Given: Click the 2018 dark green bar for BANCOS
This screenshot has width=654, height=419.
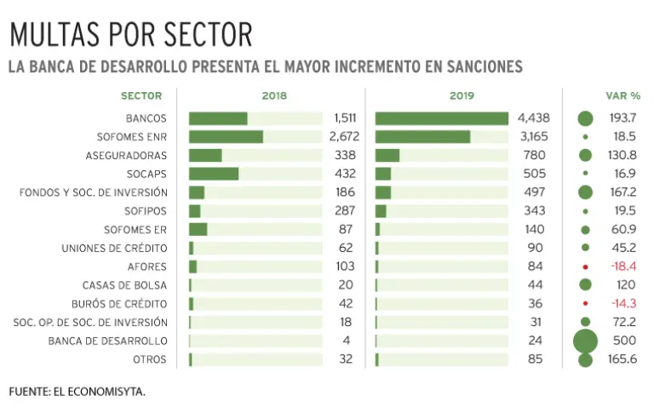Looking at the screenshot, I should pyautogui.click(x=218, y=118).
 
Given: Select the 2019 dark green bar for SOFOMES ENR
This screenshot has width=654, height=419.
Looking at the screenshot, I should pyautogui.click(x=422, y=137).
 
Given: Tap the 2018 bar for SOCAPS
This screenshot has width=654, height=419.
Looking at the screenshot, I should pyautogui.click(x=214, y=174).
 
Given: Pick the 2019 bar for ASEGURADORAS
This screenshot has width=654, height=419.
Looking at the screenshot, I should pyautogui.click(x=387, y=155).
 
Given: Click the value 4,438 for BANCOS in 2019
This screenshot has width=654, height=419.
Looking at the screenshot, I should pyautogui.click(x=533, y=118).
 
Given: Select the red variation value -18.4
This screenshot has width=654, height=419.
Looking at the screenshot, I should pyautogui.click(x=622, y=267).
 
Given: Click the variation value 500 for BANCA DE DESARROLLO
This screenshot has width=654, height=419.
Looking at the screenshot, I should pyautogui.click(x=622, y=341).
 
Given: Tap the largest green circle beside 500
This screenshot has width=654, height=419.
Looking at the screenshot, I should pyautogui.click(x=585, y=341).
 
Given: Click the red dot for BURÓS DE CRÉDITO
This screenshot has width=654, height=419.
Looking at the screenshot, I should pyautogui.click(x=585, y=304).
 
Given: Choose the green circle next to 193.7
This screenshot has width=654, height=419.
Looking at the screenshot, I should pyautogui.click(x=585, y=118).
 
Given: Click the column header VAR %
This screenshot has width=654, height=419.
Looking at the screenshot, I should pyautogui.click(x=622, y=96).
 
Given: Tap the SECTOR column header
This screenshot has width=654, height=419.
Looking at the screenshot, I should pyautogui.click(x=141, y=96).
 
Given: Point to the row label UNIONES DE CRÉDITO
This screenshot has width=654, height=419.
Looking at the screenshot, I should pyautogui.click(x=114, y=248).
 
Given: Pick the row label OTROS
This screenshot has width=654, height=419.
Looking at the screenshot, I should pyautogui.click(x=150, y=359).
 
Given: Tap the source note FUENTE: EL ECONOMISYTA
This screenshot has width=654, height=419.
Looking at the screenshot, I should pyautogui.click(x=77, y=392).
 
